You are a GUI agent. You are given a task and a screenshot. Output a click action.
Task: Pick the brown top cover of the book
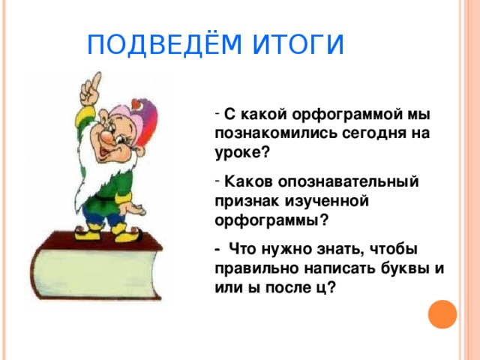pyautogui.click(x=97, y=241)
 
